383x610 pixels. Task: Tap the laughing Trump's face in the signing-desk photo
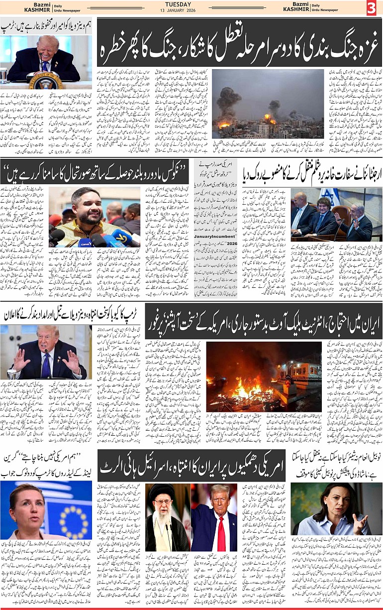pos(48,47)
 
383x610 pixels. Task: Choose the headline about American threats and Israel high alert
pos(191,466)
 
